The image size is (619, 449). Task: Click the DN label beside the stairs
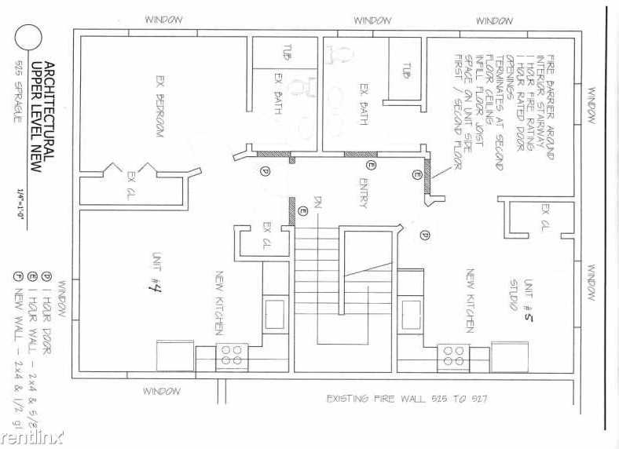coord(318,205)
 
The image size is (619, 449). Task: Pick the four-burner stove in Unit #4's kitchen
coord(232,354)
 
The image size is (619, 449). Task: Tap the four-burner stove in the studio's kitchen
coord(453,354)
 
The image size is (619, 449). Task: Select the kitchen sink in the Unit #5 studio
coord(412,311)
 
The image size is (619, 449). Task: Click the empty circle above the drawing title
coord(29,38)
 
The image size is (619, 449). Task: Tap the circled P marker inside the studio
coord(424,234)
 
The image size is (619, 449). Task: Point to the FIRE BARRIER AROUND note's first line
coord(549,108)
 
